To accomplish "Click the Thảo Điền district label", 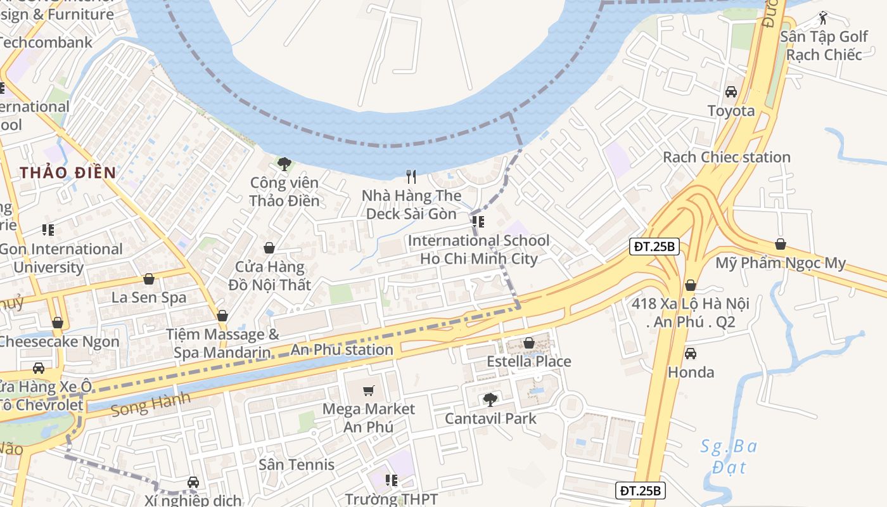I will coord(68,172).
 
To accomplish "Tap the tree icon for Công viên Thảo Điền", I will coord(284,164).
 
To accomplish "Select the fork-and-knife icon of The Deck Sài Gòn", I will coord(412,177).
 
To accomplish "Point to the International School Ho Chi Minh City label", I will coord(478,250).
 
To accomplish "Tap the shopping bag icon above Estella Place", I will coord(529,343).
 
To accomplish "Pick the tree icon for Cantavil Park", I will coord(490,399).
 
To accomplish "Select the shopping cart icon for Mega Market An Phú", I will coord(369,390).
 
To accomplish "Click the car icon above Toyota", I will coord(731,92).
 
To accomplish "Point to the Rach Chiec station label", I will coord(726,157).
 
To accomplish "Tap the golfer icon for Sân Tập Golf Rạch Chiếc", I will coord(823,18).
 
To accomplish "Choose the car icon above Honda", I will coord(691,353).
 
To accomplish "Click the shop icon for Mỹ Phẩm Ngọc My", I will coord(781,245).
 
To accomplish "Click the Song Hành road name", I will coord(150,404).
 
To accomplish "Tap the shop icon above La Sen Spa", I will coord(149,279).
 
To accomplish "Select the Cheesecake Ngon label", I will coord(58,342).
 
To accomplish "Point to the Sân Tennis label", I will coord(296,465).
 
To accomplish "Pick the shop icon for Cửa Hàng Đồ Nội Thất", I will coord(269,248).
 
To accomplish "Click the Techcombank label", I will coord(46,42).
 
